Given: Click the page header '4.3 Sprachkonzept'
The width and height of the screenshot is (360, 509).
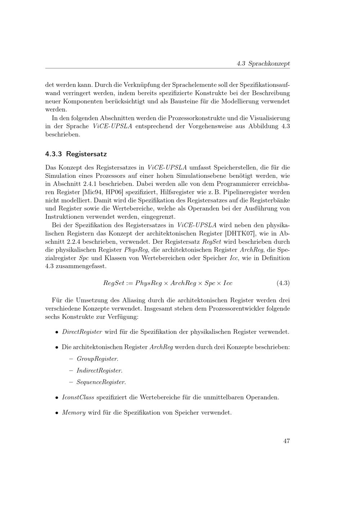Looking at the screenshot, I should click(x=263, y=63).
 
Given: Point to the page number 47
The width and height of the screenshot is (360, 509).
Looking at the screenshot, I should click(x=287, y=441).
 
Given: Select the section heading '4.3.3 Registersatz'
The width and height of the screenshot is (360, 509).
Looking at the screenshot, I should click(x=76, y=154).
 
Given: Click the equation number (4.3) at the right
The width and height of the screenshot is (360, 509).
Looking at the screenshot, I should click(x=283, y=283).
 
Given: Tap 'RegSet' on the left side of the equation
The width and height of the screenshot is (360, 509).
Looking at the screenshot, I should click(x=113, y=283).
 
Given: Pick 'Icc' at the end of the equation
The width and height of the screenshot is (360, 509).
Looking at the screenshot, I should click(x=228, y=283).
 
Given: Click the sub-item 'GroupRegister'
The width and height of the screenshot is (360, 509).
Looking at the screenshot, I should click(x=97, y=359).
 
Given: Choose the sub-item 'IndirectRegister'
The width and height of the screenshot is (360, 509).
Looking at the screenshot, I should click(x=99, y=370).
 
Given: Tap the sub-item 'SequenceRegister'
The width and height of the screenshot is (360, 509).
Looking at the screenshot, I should click(x=101, y=382).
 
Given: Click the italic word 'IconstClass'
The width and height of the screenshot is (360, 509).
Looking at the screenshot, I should click(x=78, y=397).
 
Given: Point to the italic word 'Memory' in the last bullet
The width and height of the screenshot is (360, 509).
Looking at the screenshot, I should click(x=74, y=413).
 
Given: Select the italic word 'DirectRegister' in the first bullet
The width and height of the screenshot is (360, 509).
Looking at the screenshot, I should click(x=82, y=332).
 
